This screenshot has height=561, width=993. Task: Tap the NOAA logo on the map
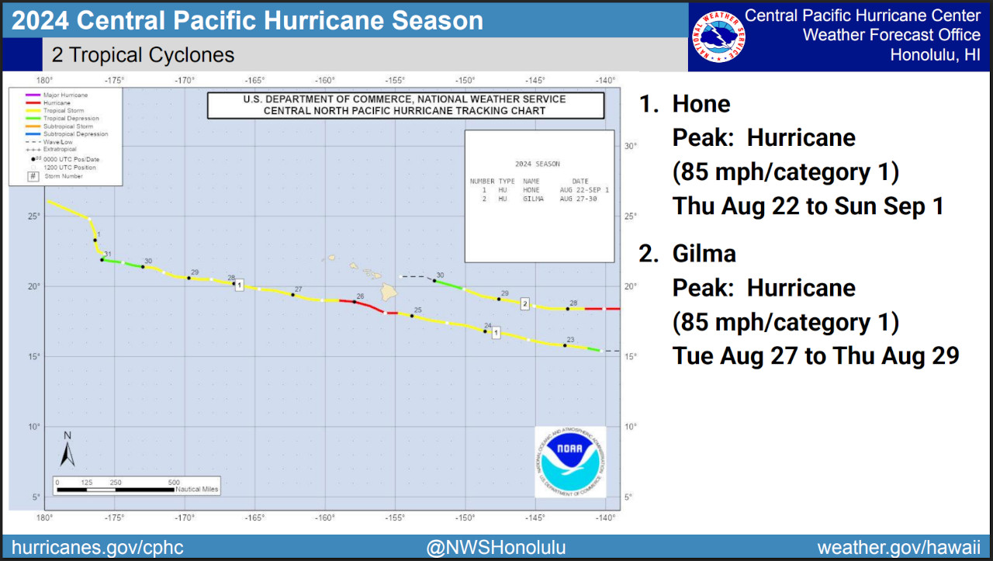point(570,462)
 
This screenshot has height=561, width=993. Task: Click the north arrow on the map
point(67,449)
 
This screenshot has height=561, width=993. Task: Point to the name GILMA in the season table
point(533,199)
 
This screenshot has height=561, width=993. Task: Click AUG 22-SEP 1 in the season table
point(584,190)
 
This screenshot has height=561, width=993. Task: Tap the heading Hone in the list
point(701,104)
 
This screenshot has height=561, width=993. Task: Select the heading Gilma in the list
point(704,254)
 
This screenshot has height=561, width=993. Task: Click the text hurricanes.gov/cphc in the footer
point(97,547)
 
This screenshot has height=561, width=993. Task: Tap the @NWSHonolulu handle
point(496,547)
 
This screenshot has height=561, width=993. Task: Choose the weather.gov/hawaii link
point(899,547)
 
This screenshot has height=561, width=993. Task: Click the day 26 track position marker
point(355,301)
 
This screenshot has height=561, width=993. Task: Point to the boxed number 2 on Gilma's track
point(525,303)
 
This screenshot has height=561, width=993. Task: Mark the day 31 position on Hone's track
point(102,259)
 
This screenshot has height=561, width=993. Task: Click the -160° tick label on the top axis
point(324,81)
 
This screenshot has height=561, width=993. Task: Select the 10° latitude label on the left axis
point(34,427)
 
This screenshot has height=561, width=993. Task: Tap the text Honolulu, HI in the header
point(935,55)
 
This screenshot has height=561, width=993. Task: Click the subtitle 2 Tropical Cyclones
point(143,55)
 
